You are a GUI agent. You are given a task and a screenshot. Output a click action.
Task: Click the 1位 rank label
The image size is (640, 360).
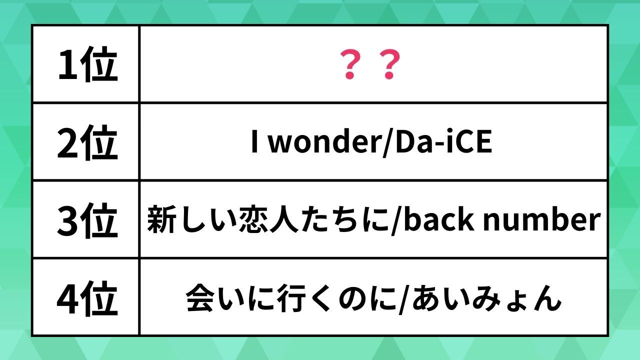88,64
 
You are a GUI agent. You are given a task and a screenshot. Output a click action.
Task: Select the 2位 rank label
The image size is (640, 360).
87,142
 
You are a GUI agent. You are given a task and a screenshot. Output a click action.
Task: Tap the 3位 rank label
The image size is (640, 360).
87,220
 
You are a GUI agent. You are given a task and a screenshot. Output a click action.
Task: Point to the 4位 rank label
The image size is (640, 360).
87,298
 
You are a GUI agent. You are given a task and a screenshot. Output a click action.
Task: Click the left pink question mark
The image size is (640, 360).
350,64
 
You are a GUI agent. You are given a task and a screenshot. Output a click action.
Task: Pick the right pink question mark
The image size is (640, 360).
389,64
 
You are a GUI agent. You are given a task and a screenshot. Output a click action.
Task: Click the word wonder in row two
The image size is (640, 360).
324,141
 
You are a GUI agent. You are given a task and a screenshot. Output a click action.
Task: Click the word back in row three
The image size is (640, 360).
438,219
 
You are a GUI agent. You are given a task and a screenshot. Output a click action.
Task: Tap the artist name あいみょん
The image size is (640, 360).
486,297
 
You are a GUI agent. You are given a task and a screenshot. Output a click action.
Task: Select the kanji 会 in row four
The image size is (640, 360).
200,297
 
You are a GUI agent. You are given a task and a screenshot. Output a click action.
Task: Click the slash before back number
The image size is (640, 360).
396,220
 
